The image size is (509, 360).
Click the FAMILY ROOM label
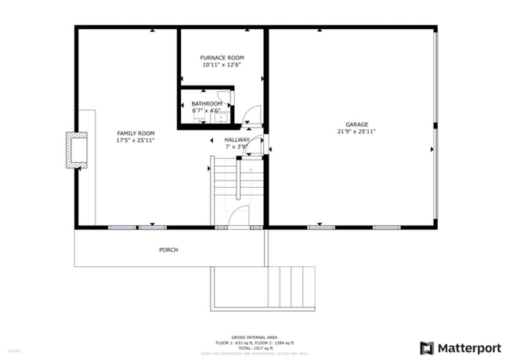coord(135,133)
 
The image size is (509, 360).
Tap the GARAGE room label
coord(356,124)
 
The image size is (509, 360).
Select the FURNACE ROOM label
coord(222,58)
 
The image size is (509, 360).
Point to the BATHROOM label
coord(207,103)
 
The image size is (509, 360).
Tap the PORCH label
coord(168,250)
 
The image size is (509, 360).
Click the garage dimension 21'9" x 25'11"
coord(356,131)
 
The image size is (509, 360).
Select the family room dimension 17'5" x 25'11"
coord(135,141)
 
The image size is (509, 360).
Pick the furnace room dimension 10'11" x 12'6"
coord(222,65)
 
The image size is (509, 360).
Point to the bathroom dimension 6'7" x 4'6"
coord(207,110)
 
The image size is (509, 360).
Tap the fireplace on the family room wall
coord(77,150)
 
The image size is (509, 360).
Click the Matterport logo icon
coord(428,347)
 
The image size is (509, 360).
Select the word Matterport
coord(465,347)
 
